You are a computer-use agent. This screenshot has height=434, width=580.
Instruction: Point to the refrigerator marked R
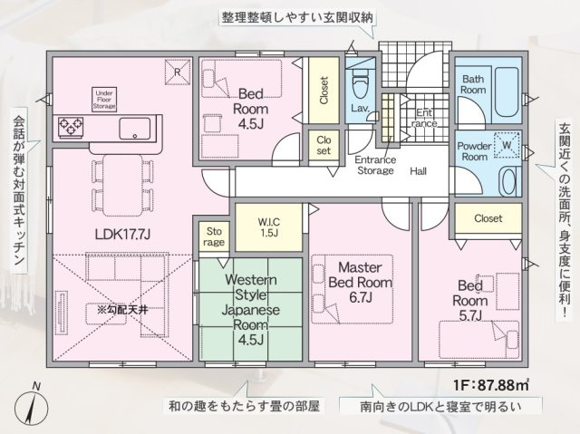(178, 69)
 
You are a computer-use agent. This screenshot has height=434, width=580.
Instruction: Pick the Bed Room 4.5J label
(250, 104)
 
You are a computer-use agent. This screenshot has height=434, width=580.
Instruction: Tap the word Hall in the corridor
(418, 169)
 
